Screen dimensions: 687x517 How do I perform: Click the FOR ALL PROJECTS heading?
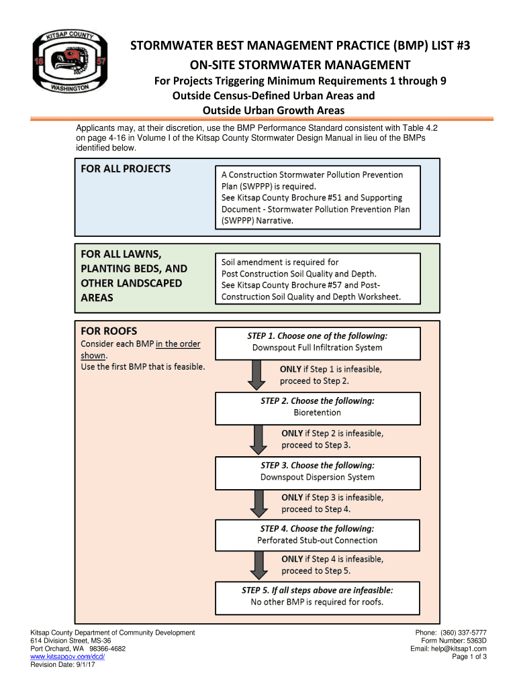pos(126,169)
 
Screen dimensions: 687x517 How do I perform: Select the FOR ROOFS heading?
pos(109,331)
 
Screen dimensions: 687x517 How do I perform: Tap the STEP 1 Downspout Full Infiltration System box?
pos(317,342)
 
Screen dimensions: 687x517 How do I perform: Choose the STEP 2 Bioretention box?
pos(317,407)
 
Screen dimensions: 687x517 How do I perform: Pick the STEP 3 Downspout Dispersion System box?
pos(317,471)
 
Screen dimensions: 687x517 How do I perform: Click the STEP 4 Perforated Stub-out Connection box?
pos(317,534)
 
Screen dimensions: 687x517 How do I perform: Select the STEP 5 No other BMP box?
pos(317,596)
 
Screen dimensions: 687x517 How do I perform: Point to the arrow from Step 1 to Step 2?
pos(256,375)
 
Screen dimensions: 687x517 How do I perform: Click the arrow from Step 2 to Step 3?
pos(256,439)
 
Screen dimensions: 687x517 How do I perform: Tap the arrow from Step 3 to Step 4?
pos(256,503)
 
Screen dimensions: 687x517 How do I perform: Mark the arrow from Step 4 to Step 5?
pos(256,566)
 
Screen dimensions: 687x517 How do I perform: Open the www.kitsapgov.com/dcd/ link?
pos(68,657)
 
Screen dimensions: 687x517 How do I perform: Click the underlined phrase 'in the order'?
pos(178,344)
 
